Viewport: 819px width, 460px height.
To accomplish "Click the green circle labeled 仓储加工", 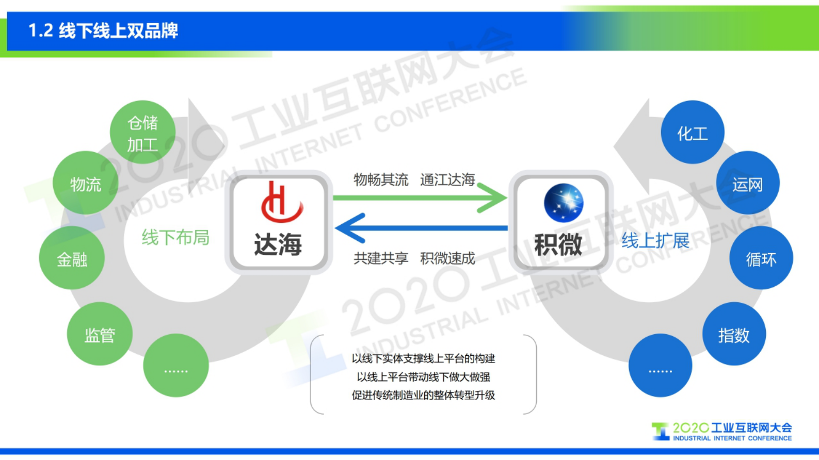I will (142, 133).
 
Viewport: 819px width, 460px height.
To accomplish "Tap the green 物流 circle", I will (86, 183).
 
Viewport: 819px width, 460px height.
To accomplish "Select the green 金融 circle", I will (72, 258).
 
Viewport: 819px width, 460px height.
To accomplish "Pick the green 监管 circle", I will (100, 334).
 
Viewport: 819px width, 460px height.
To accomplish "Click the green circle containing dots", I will (176, 366).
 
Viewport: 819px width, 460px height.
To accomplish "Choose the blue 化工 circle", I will (692, 133).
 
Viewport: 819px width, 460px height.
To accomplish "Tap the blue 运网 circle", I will (747, 183).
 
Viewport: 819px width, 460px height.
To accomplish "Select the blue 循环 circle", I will (761, 258).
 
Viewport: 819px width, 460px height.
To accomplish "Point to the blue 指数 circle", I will (734, 334).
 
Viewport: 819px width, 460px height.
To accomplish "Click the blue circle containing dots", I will (660, 366).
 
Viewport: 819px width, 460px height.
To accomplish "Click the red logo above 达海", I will (281, 202).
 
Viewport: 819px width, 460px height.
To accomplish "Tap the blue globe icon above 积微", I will (564, 203).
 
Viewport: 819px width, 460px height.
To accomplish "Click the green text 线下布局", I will (175, 238).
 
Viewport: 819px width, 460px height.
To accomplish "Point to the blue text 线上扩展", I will (655, 240).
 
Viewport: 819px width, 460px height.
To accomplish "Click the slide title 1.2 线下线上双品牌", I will (103, 31).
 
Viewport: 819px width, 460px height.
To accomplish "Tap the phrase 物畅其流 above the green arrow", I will (381, 180).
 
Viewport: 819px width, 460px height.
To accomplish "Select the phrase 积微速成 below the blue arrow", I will (447, 258).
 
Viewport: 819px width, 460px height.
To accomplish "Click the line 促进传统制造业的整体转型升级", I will (423, 396).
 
